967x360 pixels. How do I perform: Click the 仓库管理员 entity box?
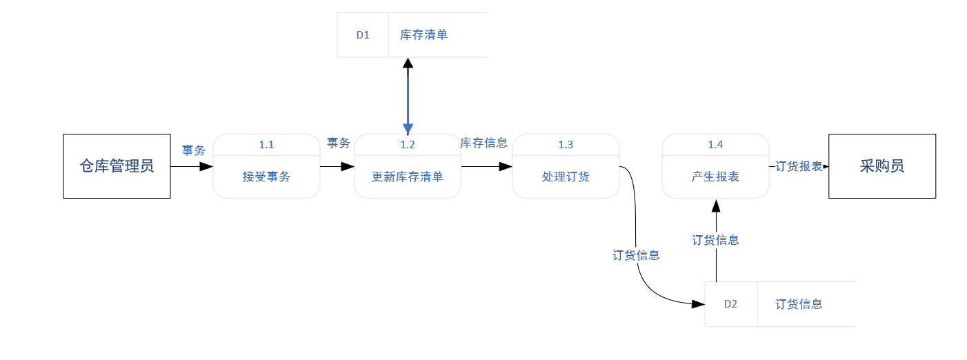tap(117, 166)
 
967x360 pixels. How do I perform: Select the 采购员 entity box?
tap(882, 166)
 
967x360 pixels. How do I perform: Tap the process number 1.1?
tap(266, 145)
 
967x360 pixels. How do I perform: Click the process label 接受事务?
tap(266, 177)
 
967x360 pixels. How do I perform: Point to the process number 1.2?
tap(408, 145)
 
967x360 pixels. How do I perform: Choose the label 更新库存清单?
tap(408, 177)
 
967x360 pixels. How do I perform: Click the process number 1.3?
tap(566, 145)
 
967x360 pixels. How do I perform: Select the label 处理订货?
tap(566, 177)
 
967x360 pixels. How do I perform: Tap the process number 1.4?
tap(715, 145)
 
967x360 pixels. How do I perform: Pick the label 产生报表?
tap(715, 177)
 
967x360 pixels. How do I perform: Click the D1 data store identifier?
tap(363, 35)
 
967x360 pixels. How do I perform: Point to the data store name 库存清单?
tap(424, 35)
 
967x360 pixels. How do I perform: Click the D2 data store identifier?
tap(730, 304)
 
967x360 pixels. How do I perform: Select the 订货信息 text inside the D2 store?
tap(799, 304)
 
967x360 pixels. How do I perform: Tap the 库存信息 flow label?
tap(484, 143)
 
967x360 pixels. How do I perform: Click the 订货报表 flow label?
tap(799, 166)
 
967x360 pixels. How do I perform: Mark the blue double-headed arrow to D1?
tap(408, 97)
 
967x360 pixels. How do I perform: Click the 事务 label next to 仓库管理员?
tap(193, 150)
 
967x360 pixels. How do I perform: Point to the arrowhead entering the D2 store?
tap(698, 304)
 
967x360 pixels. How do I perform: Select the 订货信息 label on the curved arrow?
tap(636, 255)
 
